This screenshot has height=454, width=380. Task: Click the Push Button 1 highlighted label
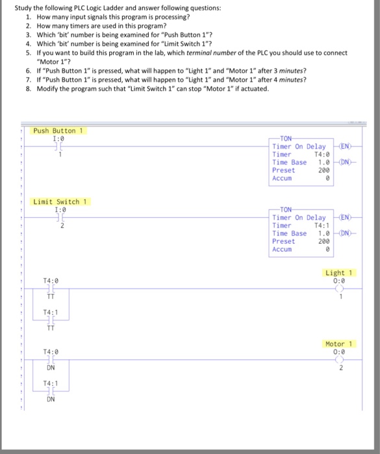[59, 130]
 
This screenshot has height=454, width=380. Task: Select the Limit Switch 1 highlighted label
[60, 202]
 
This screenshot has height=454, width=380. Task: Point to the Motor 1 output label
[338, 344]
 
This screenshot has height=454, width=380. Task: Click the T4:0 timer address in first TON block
[323, 154]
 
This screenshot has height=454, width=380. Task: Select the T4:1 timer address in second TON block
[323, 226]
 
